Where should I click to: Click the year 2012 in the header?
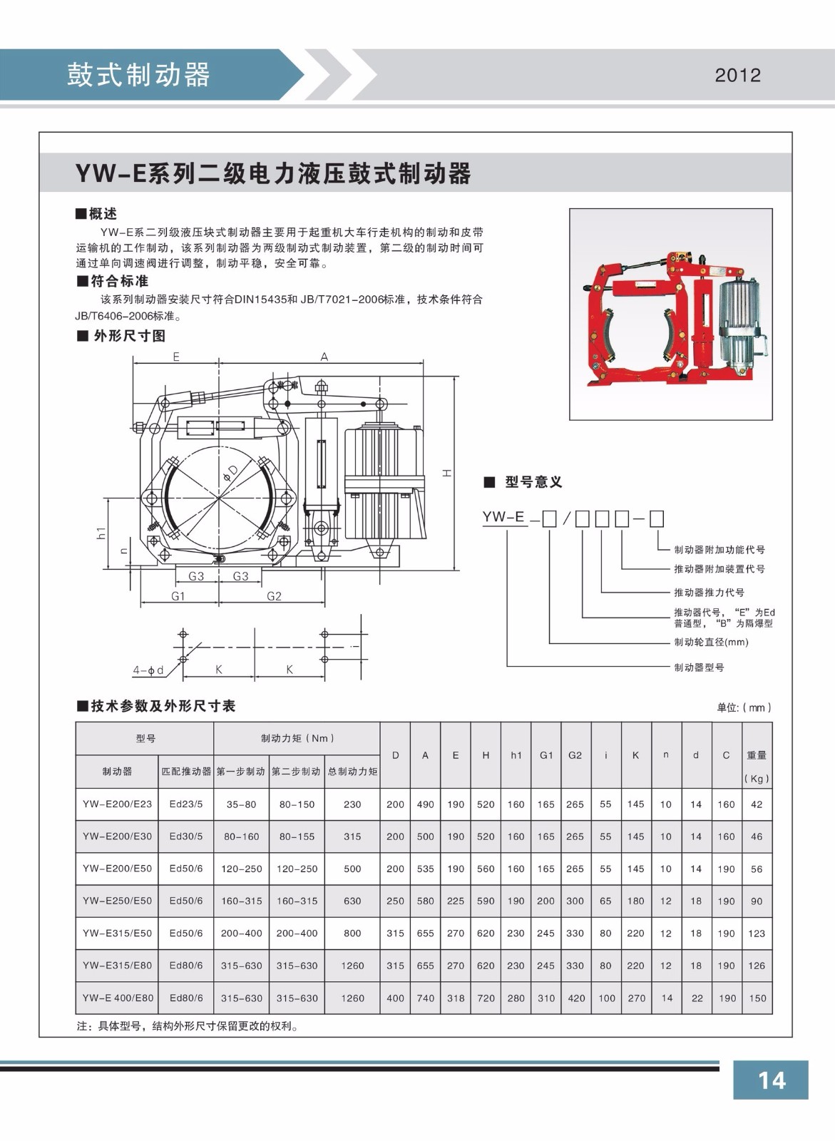[x=737, y=76]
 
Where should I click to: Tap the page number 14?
[x=771, y=1080]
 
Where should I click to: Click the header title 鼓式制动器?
[x=138, y=75]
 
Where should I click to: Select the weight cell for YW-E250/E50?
[x=757, y=901]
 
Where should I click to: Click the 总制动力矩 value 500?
[x=352, y=869]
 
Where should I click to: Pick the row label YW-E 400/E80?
[x=118, y=998]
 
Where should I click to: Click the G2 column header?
[x=575, y=755]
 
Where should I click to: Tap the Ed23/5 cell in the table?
[x=186, y=804]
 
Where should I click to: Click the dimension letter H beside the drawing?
[x=446, y=474]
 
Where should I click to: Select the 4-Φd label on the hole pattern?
[x=148, y=670]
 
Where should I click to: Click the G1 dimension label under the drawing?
[x=178, y=596]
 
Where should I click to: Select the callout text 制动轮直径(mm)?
[x=711, y=643]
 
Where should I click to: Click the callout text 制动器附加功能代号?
[x=719, y=550]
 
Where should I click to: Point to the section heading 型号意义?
[x=533, y=483]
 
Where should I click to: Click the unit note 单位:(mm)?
[x=744, y=707]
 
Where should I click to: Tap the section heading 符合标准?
[x=118, y=282]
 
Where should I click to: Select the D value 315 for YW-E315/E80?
[x=395, y=966]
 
